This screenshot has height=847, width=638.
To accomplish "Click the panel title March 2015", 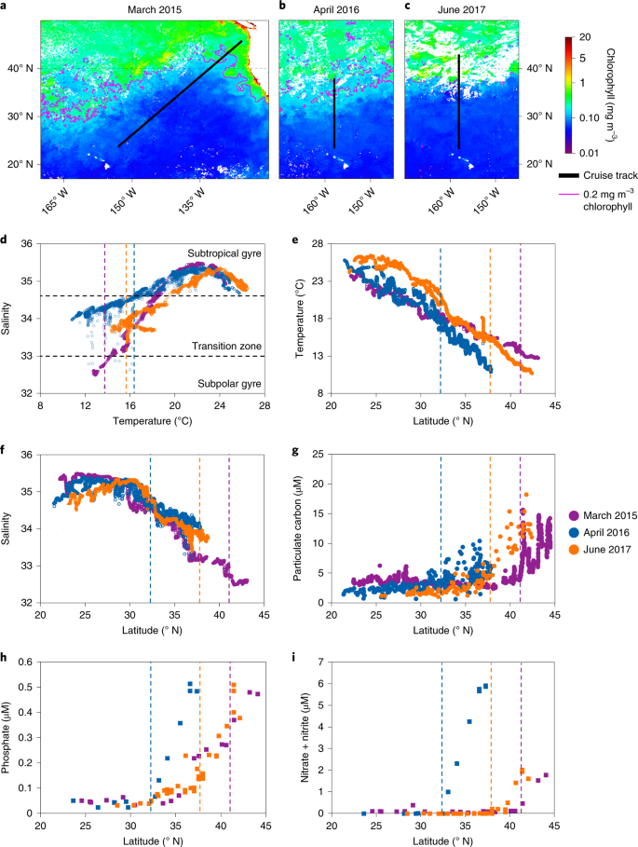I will tap(153, 7).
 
